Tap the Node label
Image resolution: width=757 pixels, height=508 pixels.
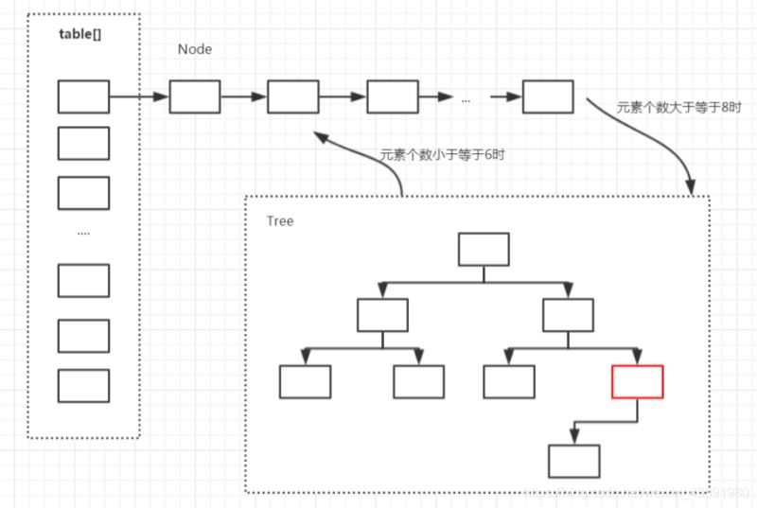coord(195,48)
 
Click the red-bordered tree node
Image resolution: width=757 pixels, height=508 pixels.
coord(637,380)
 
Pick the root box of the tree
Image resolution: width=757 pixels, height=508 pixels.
coord(484,249)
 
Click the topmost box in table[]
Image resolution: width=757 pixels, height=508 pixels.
coord(83,96)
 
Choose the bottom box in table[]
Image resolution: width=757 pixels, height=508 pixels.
coord(83,385)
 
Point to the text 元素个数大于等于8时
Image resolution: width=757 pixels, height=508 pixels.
coord(665,108)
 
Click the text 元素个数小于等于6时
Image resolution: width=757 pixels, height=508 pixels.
coord(442,154)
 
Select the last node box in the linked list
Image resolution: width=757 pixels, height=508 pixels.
coord(548,96)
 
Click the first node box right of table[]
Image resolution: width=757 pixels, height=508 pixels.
coord(195,96)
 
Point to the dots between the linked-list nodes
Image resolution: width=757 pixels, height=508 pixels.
coord(466,97)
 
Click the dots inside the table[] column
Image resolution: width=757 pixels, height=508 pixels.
coord(83,232)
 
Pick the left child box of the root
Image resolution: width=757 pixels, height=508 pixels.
coord(382,315)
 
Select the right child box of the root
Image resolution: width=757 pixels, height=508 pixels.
coord(569,315)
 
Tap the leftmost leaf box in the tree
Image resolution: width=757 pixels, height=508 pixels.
coord(305,380)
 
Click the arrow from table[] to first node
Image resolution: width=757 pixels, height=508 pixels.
coord(139,96)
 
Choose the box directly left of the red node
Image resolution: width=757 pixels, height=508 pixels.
coord(509,380)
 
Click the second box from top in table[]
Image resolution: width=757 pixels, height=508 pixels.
coord(83,143)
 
